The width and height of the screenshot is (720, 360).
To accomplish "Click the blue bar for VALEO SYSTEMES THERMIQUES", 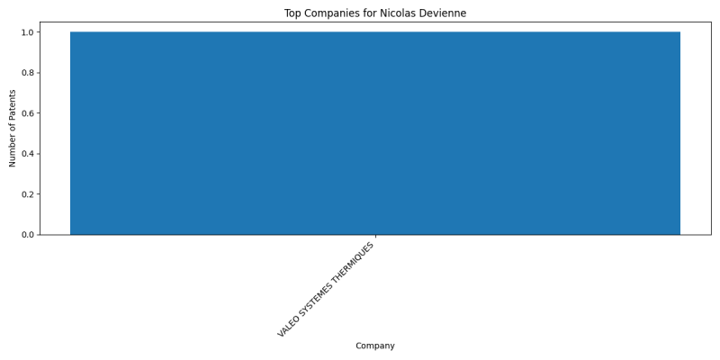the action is click(375, 133).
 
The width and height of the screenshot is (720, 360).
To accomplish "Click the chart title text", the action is click(375, 13).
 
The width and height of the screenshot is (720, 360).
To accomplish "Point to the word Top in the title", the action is click(292, 13).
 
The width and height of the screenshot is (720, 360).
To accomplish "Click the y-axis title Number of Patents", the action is click(13, 129).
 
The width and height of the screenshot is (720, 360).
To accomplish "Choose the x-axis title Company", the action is click(375, 346).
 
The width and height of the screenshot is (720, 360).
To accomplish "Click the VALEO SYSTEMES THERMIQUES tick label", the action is click(326, 289).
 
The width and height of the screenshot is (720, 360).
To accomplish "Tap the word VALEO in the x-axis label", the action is click(288, 327).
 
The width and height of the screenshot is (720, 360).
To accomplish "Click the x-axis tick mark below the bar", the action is click(375, 237).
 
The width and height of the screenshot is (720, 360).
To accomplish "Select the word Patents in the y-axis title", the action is click(13, 103).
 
